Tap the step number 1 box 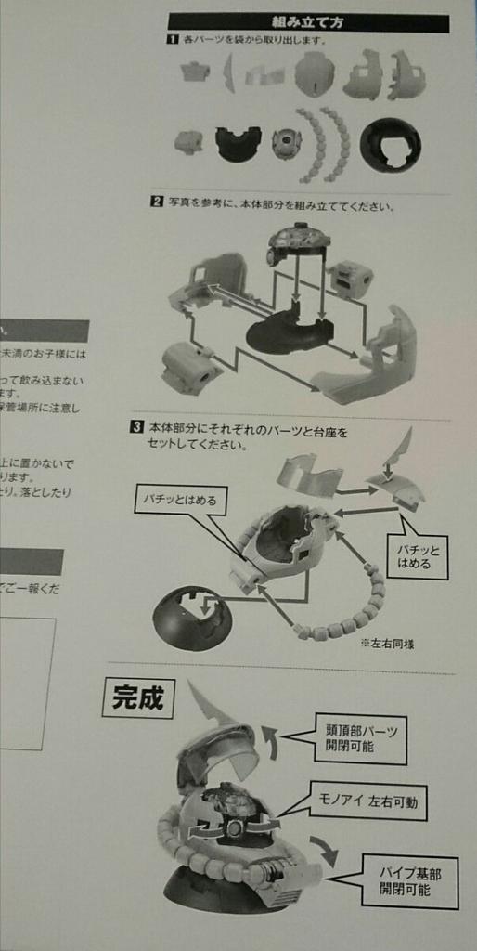coord(172,40)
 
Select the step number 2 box coord(158,203)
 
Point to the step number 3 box coord(135,428)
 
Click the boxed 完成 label coord(137,698)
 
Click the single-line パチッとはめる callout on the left coord(180,500)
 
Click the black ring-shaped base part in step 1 coord(390,146)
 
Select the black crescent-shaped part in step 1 coord(238,143)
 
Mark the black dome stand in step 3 coord(192,618)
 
